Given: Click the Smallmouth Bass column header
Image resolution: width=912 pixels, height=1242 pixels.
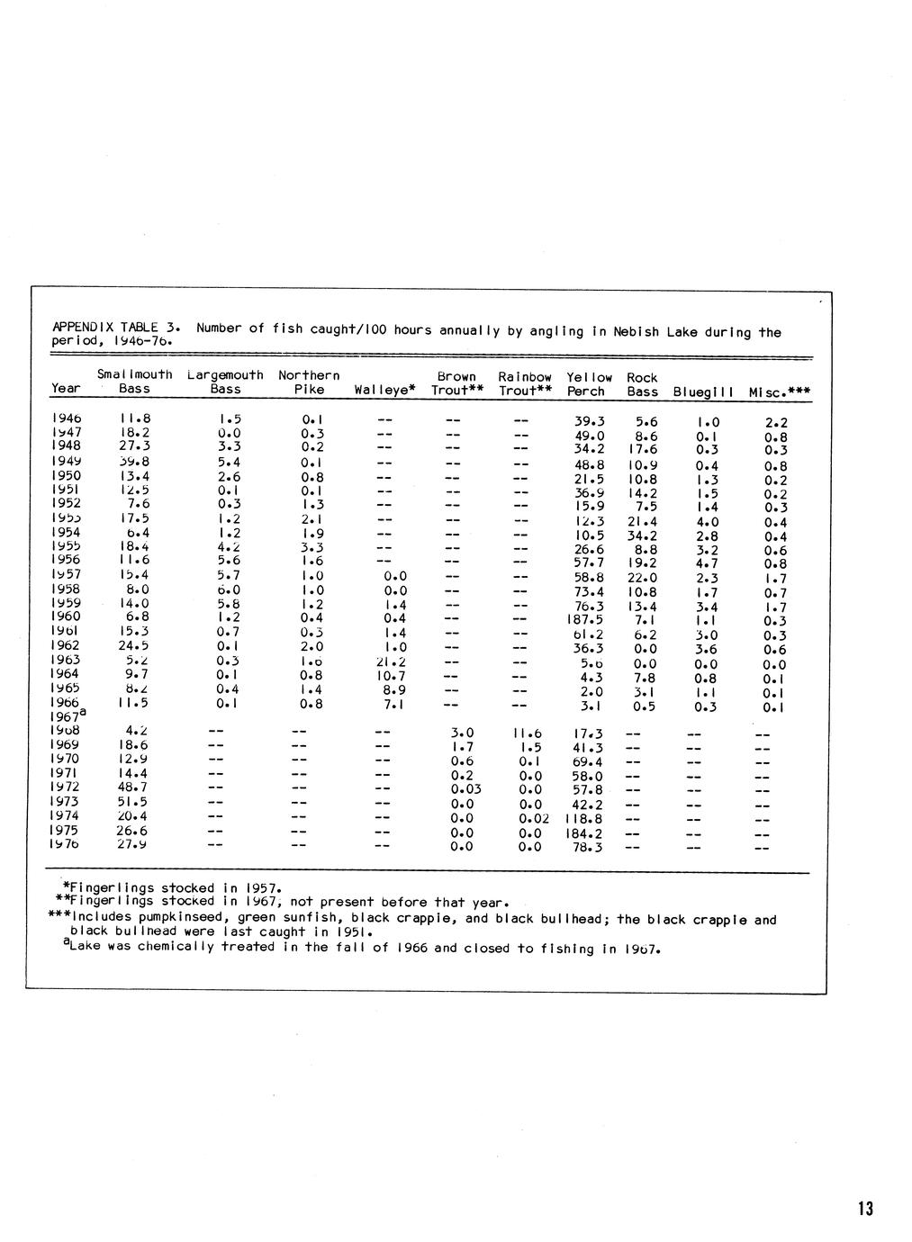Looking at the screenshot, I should [134, 382].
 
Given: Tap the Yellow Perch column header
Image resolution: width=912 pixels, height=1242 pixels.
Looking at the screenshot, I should [589, 384].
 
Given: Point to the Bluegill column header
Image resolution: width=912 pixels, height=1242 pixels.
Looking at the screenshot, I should [703, 392].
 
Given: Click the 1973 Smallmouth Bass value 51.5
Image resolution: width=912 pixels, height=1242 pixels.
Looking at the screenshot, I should [133, 801].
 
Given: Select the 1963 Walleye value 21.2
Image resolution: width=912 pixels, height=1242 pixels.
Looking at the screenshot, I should [389, 661].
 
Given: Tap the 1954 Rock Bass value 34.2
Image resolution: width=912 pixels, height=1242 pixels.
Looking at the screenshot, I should [642, 536].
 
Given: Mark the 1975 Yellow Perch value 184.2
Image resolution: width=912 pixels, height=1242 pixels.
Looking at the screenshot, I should [585, 833].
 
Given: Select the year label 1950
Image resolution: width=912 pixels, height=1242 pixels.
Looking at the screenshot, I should [66, 475].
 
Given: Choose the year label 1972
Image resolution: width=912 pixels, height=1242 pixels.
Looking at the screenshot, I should [66, 787].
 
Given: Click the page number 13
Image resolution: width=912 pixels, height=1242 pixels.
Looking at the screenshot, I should [865, 1209].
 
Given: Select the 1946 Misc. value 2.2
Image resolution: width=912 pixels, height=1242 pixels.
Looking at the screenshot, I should [776, 422].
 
